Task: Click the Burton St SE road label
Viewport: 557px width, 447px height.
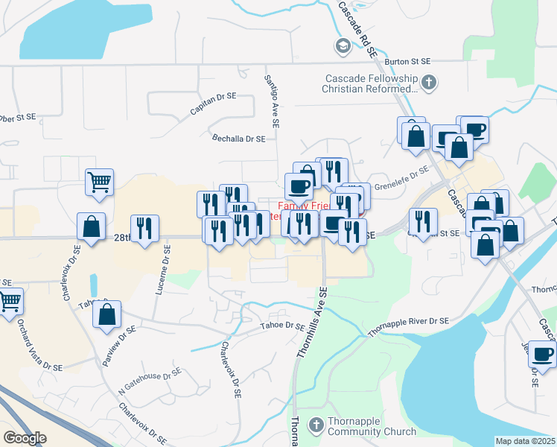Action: (408, 60)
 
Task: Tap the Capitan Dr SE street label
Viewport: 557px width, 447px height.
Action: (212, 103)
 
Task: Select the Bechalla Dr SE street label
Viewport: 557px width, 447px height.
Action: (239, 139)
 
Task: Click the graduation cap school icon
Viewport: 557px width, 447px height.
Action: (343, 46)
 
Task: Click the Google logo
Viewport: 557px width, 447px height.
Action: (25, 438)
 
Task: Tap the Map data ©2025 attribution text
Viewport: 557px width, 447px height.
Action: (525, 441)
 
